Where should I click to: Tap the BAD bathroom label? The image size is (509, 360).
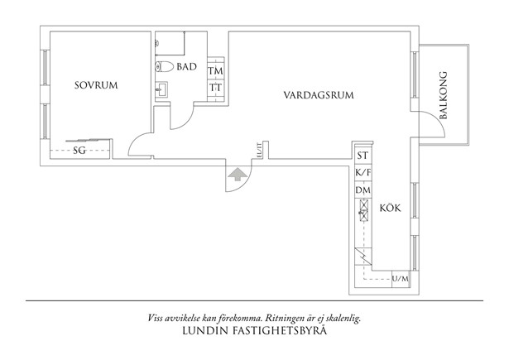pos(186,67)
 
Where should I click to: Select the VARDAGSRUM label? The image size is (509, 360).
pos(319,95)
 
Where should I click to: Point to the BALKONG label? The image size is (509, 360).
pos(446,94)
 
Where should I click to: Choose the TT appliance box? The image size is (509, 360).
pos(214,88)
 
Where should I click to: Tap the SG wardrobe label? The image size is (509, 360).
pos(79,151)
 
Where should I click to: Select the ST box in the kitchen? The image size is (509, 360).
pos(363,156)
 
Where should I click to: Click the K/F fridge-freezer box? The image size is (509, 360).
pos(363,173)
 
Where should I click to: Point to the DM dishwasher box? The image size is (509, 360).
pos(363,191)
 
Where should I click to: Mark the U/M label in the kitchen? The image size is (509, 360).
pos(401,278)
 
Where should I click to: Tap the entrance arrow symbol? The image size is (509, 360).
pos(237,175)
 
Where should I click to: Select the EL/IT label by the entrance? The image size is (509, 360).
pos(260,151)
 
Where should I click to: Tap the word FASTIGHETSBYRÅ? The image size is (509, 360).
pos(282,332)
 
